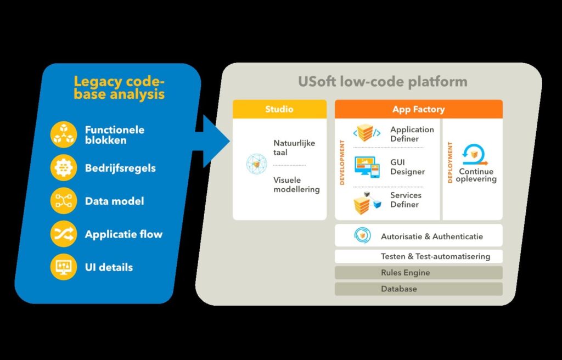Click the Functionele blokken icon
point(64,135)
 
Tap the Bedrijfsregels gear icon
point(64,168)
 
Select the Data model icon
point(64,201)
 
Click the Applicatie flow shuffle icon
point(64,234)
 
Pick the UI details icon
point(64,267)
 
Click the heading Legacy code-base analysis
point(119,88)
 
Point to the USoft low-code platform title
point(383,82)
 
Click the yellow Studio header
point(279,109)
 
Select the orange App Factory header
point(418,109)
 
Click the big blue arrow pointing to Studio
point(211,141)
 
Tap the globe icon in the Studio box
point(256,165)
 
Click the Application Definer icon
point(366,133)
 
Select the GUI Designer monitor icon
point(366,167)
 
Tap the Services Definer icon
point(366,202)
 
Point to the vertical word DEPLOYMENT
point(451,162)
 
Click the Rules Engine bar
point(418,273)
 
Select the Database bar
point(418,289)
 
